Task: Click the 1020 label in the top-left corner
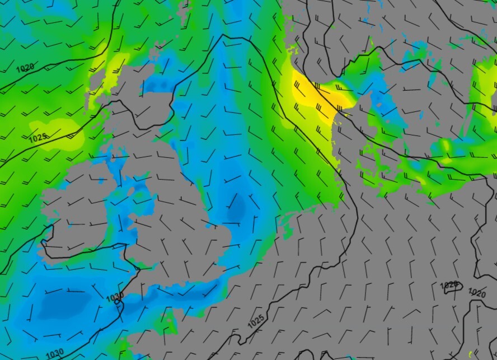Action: tap(24, 68)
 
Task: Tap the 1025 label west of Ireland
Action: tap(37, 137)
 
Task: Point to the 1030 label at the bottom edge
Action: tap(54, 354)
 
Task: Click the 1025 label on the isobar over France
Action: tap(256, 321)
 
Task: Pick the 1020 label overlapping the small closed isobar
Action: tap(449, 285)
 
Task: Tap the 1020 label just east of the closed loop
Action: tap(477, 293)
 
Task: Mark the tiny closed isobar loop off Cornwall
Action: tap(118, 303)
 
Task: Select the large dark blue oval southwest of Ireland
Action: tap(59, 305)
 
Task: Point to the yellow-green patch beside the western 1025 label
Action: tap(62, 130)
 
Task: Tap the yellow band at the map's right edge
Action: tap(486, 84)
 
